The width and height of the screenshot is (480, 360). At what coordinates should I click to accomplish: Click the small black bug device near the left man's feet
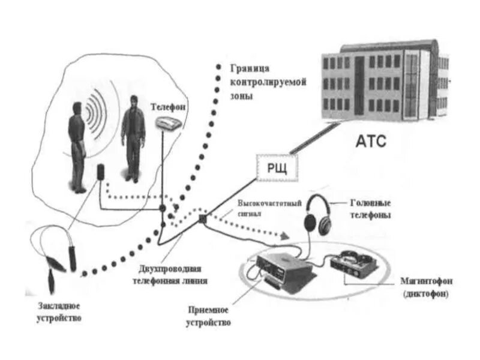(x=101, y=171)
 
